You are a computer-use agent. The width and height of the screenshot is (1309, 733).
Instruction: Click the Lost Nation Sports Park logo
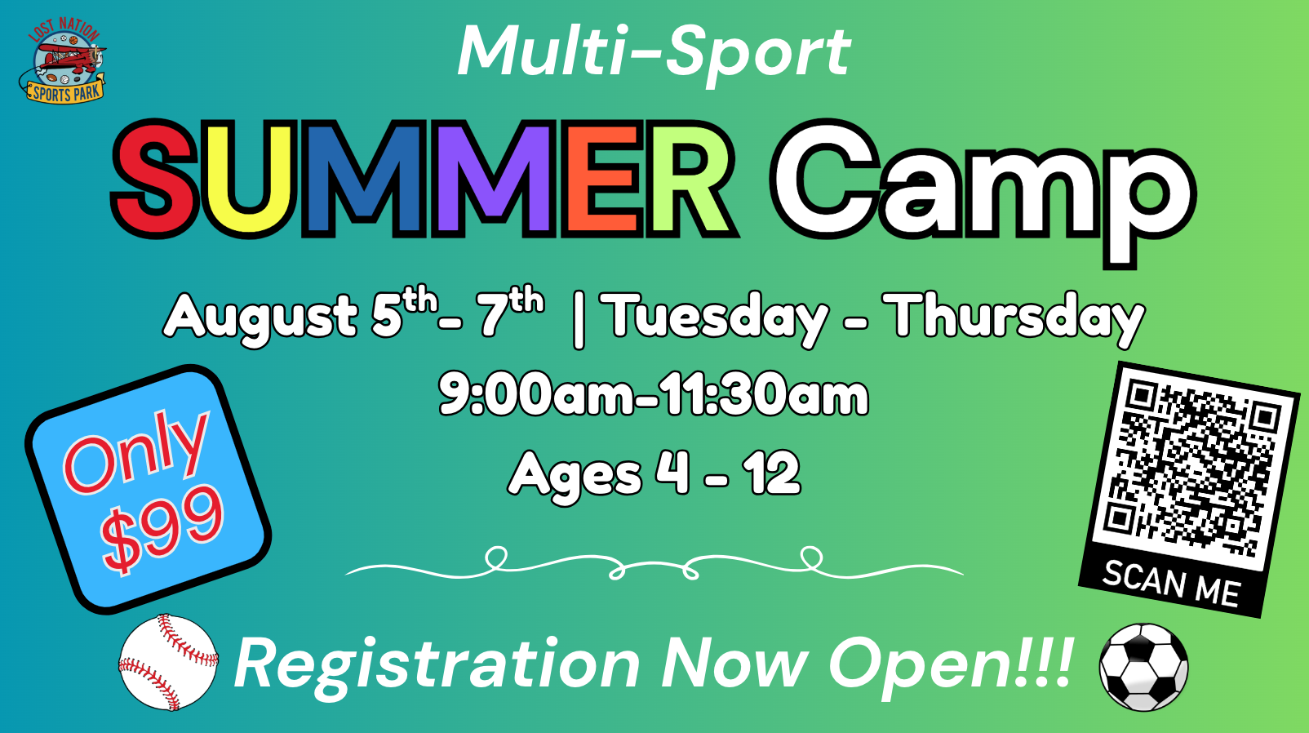tap(63, 60)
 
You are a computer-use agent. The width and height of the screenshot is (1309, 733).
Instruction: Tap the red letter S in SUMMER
tap(153, 178)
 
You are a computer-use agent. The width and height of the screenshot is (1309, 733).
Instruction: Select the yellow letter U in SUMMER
tap(248, 180)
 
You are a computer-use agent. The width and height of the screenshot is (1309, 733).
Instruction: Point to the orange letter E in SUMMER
tap(603, 178)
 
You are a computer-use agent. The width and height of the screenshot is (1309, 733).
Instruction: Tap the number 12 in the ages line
tap(771, 473)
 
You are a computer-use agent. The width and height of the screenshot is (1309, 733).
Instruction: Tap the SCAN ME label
tap(1171, 584)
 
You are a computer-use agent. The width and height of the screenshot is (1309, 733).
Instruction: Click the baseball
tap(168, 662)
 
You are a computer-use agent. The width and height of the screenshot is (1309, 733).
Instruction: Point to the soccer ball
tap(1143, 667)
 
